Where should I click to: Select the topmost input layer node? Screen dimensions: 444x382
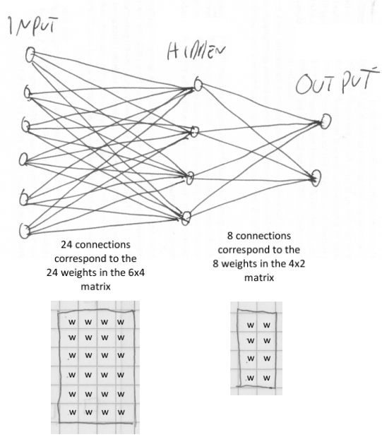pyautogui.click(x=30, y=54)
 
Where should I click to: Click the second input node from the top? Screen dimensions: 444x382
pyautogui.click(x=28, y=92)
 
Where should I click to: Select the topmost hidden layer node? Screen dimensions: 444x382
pyautogui.click(x=198, y=85)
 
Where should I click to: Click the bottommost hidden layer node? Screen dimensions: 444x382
pyautogui.click(x=186, y=217)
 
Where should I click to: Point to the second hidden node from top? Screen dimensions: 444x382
pyautogui.click(x=196, y=131)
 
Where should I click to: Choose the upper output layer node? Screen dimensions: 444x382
pyautogui.click(x=325, y=121)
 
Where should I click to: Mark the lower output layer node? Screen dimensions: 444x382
pyautogui.click(x=316, y=176)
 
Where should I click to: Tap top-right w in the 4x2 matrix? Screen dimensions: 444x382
pyautogui.click(x=266, y=325)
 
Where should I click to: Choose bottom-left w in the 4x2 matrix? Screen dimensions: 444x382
pyautogui.click(x=250, y=378)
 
